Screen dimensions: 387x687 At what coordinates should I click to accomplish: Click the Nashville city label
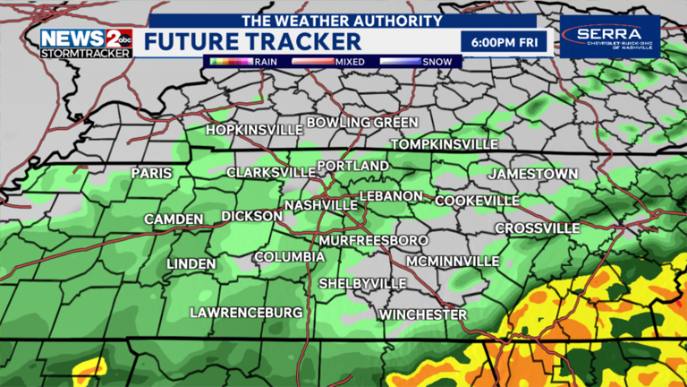coord(321,205)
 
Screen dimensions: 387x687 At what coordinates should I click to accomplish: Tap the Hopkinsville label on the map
coord(250,130)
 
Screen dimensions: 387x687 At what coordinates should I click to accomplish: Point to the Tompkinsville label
coord(445,144)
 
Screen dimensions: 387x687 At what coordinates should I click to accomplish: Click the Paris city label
coord(151,173)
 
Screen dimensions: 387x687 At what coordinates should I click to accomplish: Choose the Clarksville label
coord(270,172)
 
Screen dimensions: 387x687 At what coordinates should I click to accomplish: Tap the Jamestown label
coord(533,173)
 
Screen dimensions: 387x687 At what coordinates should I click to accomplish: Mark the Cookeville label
coord(477,201)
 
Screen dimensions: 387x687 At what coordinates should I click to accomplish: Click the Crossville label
coord(538,228)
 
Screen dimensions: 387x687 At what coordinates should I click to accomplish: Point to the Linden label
coord(191,263)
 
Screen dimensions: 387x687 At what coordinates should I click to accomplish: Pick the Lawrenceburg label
coord(246,312)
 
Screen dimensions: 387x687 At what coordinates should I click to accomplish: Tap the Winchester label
coord(422,314)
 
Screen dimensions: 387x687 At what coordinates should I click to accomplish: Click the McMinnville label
coord(452,261)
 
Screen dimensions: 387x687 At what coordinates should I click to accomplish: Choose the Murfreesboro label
coord(374,240)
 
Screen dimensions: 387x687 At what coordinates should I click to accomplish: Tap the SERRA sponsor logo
coord(609,37)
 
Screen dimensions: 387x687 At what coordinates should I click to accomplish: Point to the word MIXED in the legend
coord(349,62)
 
